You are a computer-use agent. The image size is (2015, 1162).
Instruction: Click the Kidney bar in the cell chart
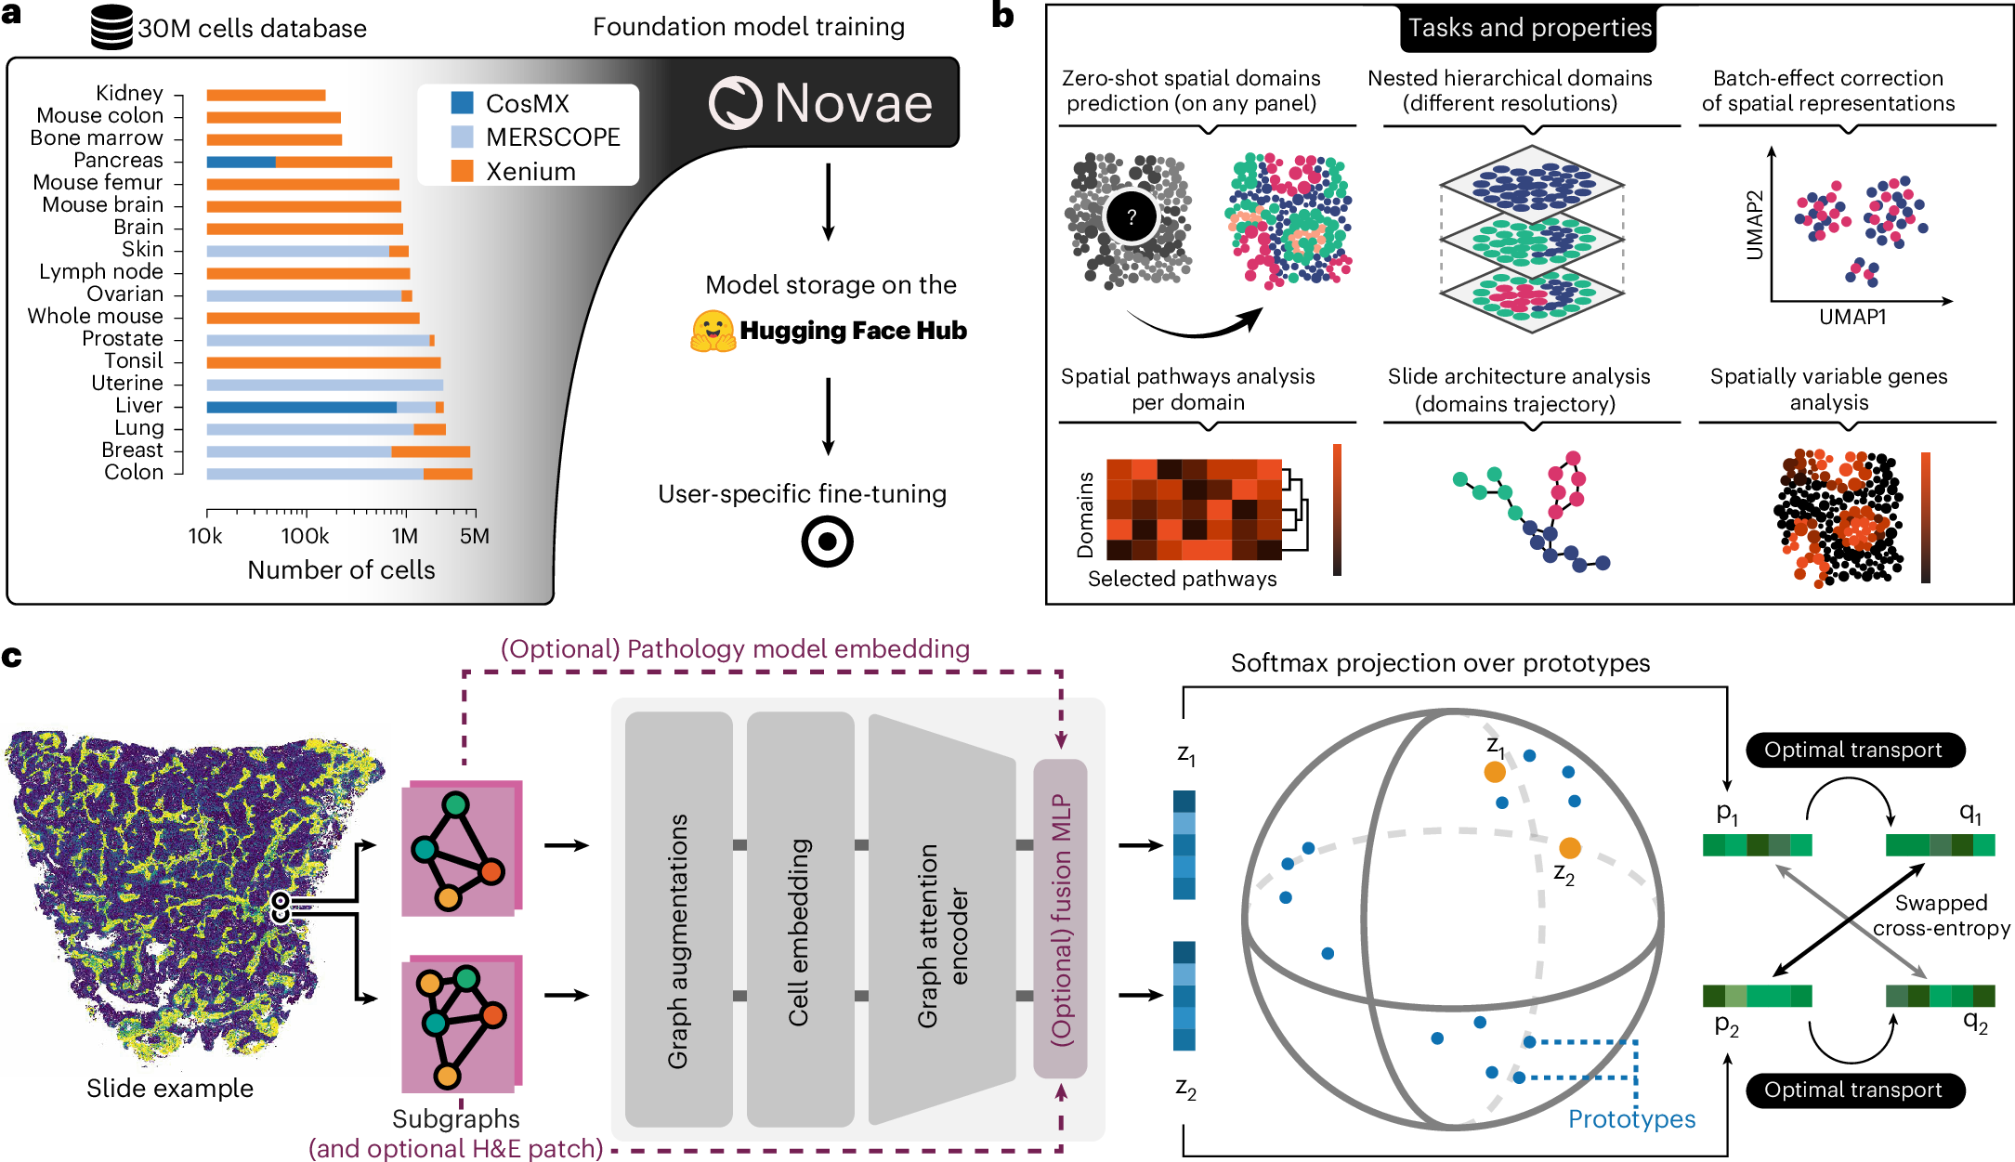coord(266,95)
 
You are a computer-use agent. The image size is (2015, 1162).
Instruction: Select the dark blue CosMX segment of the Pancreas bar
coord(241,162)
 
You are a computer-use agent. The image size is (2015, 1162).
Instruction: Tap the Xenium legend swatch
coord(462,171)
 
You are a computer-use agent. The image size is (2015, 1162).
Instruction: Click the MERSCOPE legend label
coord(553,137)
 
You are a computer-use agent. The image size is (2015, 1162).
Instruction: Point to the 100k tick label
coord(305,536)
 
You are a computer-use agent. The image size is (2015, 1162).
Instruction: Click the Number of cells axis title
coord(341,569)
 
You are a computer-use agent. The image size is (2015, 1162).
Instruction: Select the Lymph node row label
coord(101,271)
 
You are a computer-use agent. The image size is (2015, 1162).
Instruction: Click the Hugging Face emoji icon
coord(712,332)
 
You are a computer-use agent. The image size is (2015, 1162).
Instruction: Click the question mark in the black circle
coord(1131,217)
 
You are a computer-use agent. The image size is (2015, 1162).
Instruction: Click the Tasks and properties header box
coord(1529,28)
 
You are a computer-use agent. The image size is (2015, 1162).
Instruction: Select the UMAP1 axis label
coord(1852,317)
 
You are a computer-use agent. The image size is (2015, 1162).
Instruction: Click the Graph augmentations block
coord(678,920)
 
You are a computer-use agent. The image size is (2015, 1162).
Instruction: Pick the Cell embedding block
coord(799,920)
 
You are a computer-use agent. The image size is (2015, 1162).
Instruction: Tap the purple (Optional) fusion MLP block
coord(1060,920)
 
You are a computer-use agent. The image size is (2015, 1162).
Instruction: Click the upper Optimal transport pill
coord(1854,750)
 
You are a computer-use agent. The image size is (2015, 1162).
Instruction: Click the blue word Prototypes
coord(1631,1118)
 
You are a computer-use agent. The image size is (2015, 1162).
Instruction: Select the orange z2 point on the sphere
coord(1569,847)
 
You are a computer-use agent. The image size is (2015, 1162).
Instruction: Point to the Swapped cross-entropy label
coord(1941,915)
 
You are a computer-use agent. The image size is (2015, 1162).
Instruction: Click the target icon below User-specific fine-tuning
coord(827,542)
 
